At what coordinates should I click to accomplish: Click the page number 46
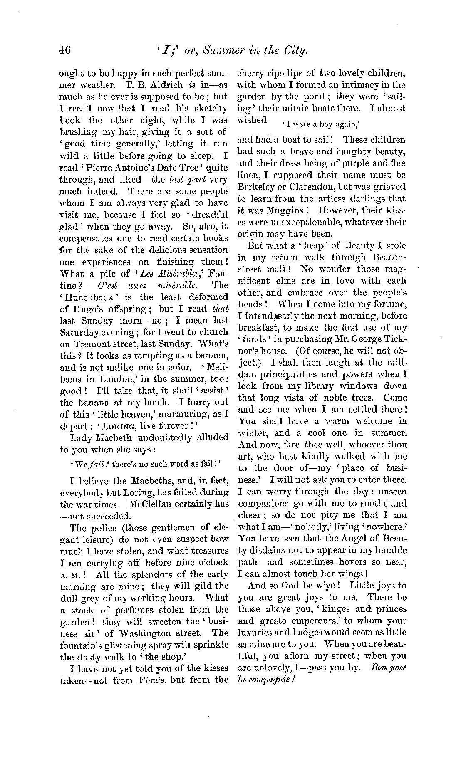(x=66, y=51)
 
